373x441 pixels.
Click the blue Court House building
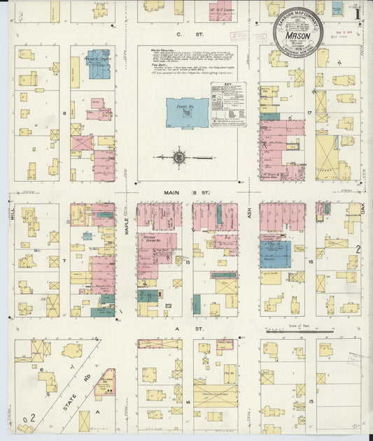pyautogui.click(x=187, y=113)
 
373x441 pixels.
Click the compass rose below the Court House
pyautogui.click(x=180, y=158)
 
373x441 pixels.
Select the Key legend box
pyautogui.click(x=229, y=104)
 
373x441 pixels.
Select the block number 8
pyautogui.click(x=64, y=113)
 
